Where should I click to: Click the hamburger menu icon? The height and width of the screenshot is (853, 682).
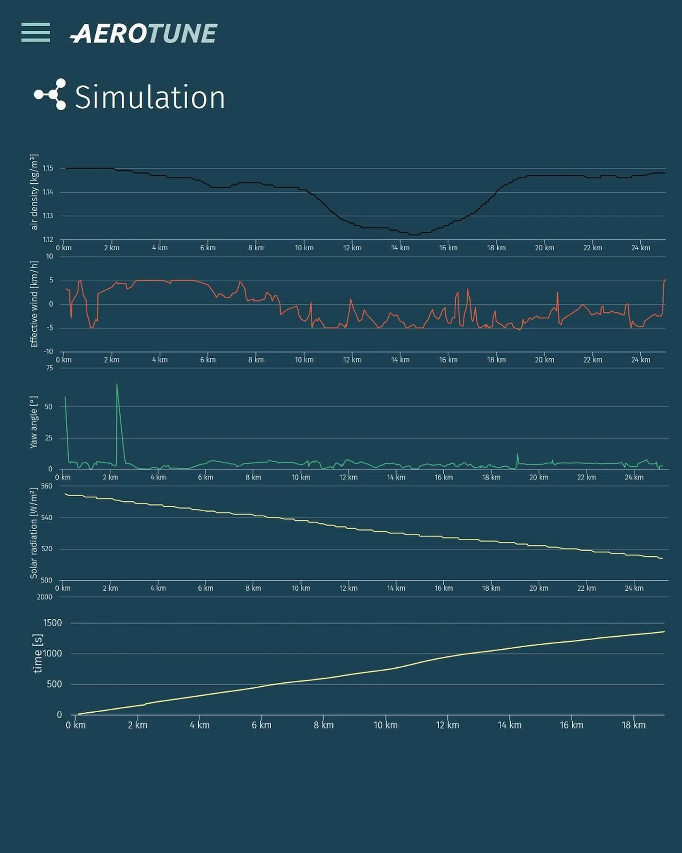(36, 32)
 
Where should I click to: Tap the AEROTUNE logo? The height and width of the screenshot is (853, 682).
(144, 34)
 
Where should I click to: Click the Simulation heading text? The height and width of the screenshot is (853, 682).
(150, 97)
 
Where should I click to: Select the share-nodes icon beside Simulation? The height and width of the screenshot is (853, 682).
(50, 94)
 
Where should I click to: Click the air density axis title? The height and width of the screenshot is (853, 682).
(34, 192)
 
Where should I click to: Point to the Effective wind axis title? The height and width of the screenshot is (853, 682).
(34, 304)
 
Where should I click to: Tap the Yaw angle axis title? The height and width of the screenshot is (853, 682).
(34, 422)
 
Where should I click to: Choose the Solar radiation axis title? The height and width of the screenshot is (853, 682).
(34, 533)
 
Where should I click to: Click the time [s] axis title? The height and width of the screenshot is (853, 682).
(38, 653)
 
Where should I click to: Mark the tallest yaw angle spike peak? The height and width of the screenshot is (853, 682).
(117, 384)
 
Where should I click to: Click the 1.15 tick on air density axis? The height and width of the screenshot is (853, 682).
(48, 168)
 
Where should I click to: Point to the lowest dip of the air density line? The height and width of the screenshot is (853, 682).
(414, 235)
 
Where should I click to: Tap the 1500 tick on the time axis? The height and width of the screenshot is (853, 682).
(53, 623)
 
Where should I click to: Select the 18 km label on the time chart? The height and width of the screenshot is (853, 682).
(633, 725)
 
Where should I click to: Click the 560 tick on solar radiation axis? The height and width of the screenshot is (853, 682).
(47, 486)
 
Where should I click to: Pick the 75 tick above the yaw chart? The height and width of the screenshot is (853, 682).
(50, 368)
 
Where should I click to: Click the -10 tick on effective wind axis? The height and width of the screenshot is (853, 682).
(48, 352)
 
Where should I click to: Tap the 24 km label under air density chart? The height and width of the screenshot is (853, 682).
(640, 248)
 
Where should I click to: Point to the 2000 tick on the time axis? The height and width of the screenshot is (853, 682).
(45, 597)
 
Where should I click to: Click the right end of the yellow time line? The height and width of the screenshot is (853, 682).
(664, 631)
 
